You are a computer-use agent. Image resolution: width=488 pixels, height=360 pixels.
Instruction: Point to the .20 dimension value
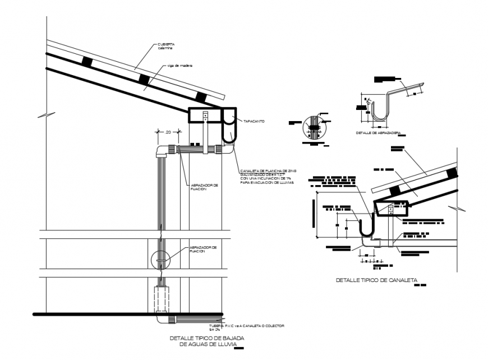(x=168, y=132)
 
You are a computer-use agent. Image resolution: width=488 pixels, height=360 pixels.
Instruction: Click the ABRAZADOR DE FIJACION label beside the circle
(x=202, y=249)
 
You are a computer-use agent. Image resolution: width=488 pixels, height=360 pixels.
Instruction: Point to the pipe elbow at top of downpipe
(x=161, y=150)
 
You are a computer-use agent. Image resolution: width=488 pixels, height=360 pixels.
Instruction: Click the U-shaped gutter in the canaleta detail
(x=367, y=227)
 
